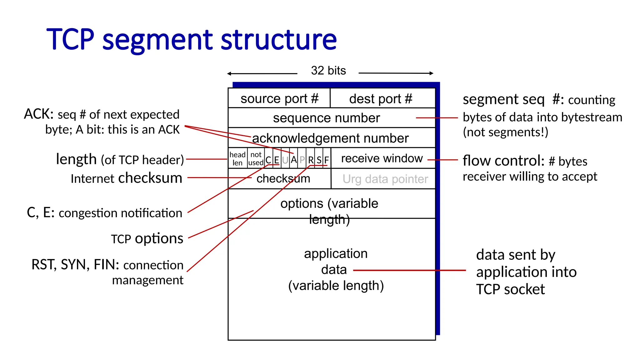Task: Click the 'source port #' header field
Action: click(x=279, y=99)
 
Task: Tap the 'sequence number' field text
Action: click(x=326, y=118)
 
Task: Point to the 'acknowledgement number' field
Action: click(x=330, y=138)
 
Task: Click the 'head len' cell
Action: click(x=237, y=159)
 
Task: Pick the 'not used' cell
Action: click(x=256, y=159)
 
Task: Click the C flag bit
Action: click(x=268, y=160)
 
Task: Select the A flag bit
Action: click(x=294, y=160)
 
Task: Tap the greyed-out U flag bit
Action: click(x=285, y=160)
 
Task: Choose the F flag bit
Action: click(x=327, y=160)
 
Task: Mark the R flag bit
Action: click(x=311, y=160)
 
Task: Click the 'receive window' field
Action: click(x=382, y=158)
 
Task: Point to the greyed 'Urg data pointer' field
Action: click(x=385, y=179)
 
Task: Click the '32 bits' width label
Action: click(x=328, y=71)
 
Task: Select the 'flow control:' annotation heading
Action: click(x=503, y=161)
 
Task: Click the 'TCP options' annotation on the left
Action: click(x=147, y=239)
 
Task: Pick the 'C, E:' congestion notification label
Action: click(x=41, y=213)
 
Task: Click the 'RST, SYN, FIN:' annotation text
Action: click(x=75, y=265)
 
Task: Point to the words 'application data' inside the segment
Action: click(x=335, y=261)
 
